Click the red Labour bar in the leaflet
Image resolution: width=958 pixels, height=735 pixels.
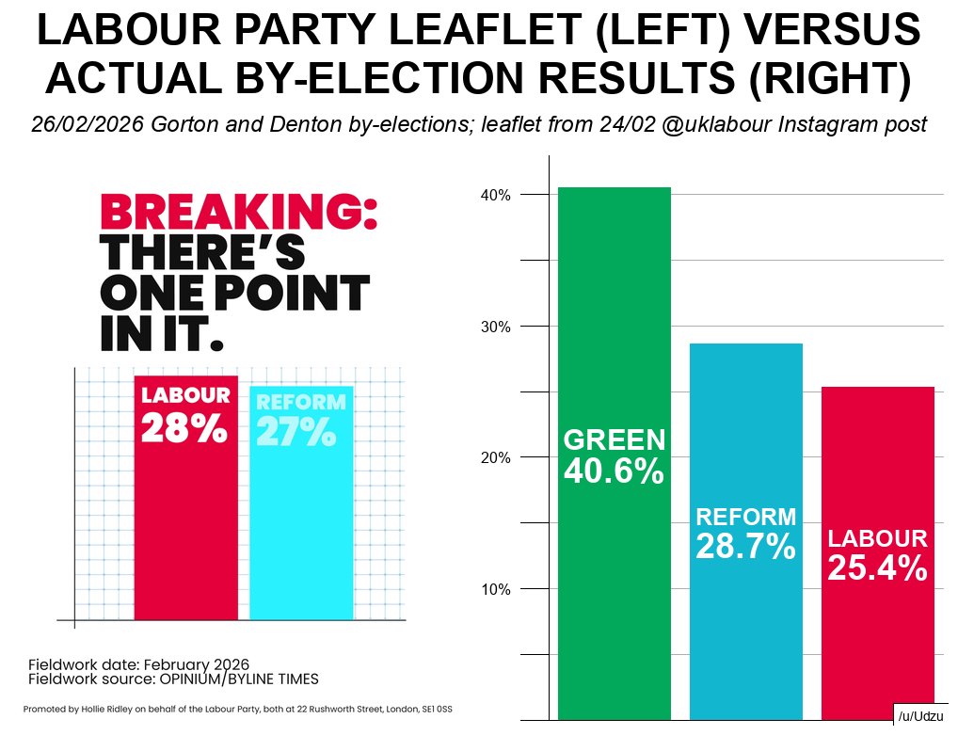tap(185, 527)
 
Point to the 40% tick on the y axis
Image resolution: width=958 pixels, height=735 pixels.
tap(496, 195)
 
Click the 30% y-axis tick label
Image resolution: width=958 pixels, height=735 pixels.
tap(496, 327)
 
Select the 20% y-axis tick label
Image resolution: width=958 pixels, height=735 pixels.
tap(496, 458)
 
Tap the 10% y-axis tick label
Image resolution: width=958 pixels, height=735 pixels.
tap(496, 590)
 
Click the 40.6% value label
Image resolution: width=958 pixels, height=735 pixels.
tap(614, 471)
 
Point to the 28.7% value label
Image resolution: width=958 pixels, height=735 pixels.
tap(745, 547)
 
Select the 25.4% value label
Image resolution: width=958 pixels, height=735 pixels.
tap(877, 568)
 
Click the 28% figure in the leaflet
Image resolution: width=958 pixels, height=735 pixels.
tap(184, 429)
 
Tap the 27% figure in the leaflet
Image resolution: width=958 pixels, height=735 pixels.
tap(295, 432)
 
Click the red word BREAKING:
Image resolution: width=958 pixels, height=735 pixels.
tap(238, 212)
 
